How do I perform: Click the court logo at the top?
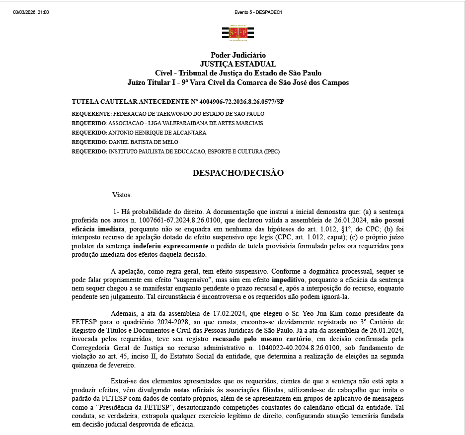(237, 33)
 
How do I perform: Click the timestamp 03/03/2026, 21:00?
(31, 12)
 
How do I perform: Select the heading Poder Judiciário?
(238, 55)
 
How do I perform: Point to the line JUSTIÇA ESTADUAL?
(238, 64)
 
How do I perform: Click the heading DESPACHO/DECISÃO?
(238, 173)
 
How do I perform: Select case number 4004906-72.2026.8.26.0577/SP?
(241, 101)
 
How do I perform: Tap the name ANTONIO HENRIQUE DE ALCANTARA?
(157, 133)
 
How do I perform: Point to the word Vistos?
(122, 195)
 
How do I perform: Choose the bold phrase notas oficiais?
(193, 390)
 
